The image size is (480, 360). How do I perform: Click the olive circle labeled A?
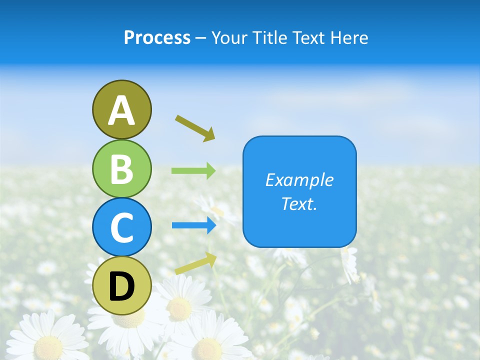click(121, 109)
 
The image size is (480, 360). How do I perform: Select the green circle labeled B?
click(121, 168)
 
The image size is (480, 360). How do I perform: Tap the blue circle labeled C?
click(121, 227)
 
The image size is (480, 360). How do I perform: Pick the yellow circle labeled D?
click(121, 285)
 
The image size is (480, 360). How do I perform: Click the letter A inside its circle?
click(121, 110)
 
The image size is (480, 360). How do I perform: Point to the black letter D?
click(121, 286)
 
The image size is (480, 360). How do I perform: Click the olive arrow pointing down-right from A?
click(195, 128)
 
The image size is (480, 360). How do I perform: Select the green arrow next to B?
click(193, 171)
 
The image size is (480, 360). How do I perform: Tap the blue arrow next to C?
click(194, 225)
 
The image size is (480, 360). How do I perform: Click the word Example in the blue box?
click(299, 180)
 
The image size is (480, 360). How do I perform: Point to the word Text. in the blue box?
click(299, 204)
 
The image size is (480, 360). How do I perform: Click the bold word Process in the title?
click(157, 38)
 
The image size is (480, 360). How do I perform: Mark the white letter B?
click(121, 169)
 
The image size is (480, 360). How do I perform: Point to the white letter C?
click(121, 228)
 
